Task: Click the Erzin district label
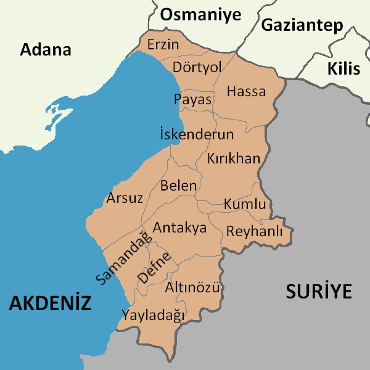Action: pyautogui.click(x=163, y=45)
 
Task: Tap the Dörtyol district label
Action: pyautogui.click(x=197, y=66)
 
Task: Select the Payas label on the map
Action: pyautogui.click(x=192, y=99)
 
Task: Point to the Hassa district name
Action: pyautogui.click(x=246, y=92)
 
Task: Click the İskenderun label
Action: pyautogui.click(x=196, y=134)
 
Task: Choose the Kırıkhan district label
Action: pyautogui.click(x=234, y=158)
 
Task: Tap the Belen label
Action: pyautogui.click(x=178, y=186)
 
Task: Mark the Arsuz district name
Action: pyautogui.click(x=125, y=199)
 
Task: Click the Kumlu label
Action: pyautogui.click(x=245, y=204)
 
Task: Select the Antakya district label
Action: pyautogui.click(x=179, y=228)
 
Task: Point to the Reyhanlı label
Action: pyautogui.click(x=254, y=232)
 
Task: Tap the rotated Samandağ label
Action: pyautogui.click(x=123, y=257)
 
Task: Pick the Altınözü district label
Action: pyautogui.click(x=193, y=287)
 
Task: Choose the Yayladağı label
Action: pyautogui.click(x=154, y=315)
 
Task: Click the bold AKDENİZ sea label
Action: pyautogui.click(x=50, y=303)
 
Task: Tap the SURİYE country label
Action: pyautogui.click(x=318, y=291)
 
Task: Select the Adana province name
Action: pyautogui.click(x=46, y=50)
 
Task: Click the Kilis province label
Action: pyautogui.click(x=343, y=68)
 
